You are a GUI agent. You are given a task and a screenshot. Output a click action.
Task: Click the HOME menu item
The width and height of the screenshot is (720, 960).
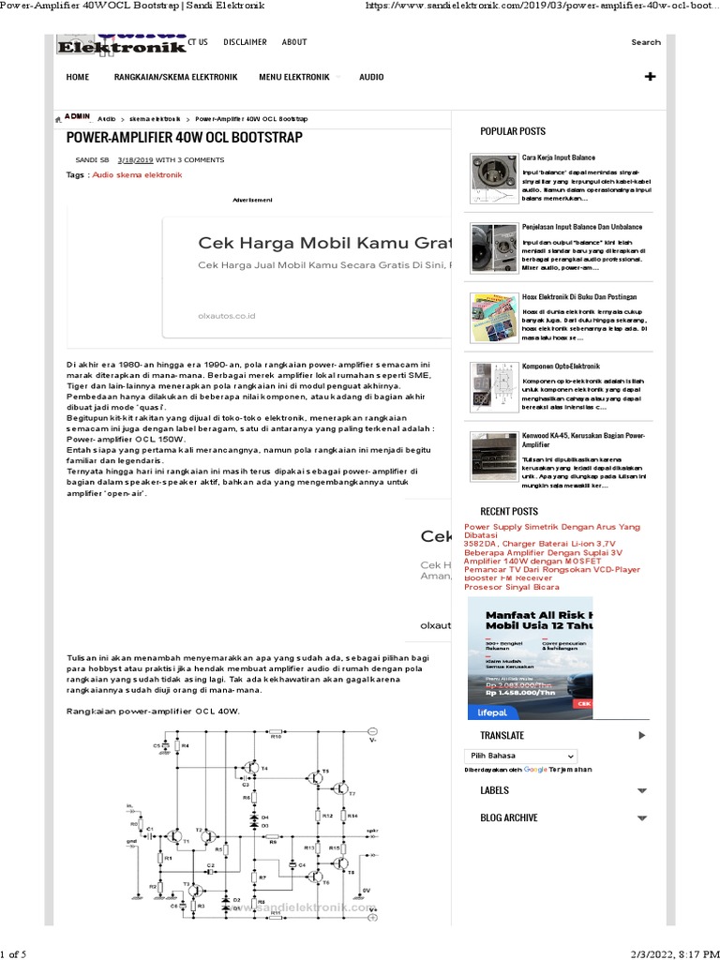tap(78, 77)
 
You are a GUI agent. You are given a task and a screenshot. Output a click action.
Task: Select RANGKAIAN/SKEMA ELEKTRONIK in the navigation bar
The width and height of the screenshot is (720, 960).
tap(175, 77)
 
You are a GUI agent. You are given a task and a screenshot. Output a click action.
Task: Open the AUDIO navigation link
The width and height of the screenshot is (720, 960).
tap(371, 77)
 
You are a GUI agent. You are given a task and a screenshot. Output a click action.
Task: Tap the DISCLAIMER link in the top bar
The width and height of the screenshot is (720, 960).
tap(245, 42)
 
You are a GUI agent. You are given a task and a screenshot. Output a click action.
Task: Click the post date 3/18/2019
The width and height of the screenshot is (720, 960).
tap(135, 160)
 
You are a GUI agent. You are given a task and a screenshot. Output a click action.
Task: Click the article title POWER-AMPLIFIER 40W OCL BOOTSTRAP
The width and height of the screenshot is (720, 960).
tap(185, 138)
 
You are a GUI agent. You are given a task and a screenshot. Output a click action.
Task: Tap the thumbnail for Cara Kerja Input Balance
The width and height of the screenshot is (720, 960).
tap(493, 178)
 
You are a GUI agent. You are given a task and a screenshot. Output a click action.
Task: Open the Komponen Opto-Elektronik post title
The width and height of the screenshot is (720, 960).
tap(561, 366)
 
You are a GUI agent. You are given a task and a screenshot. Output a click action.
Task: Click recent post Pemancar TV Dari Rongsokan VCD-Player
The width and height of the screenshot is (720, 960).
tap(552, 569)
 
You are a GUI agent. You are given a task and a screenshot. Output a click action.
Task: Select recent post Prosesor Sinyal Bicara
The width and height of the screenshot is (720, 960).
tap(512, 587)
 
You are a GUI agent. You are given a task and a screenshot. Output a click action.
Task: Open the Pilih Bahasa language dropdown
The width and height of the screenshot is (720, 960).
tap(520, 756)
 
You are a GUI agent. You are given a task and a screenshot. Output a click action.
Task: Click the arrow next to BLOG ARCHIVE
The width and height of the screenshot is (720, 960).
tap(642, 818)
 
